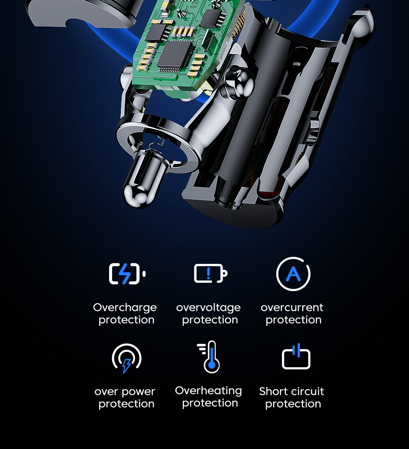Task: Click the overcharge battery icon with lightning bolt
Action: point(127,274)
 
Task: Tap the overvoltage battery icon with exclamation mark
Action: point(211,273)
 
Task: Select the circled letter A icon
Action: point(293,274)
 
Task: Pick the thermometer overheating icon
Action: point(209,357)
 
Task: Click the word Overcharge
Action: point(125,308)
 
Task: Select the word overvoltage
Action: point(208,308)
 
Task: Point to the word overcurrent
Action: point(292,307)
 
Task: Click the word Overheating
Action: point(208,391)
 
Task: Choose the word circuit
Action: point(306,391)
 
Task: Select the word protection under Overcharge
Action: point(127,320)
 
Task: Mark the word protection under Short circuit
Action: point(293,404)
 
